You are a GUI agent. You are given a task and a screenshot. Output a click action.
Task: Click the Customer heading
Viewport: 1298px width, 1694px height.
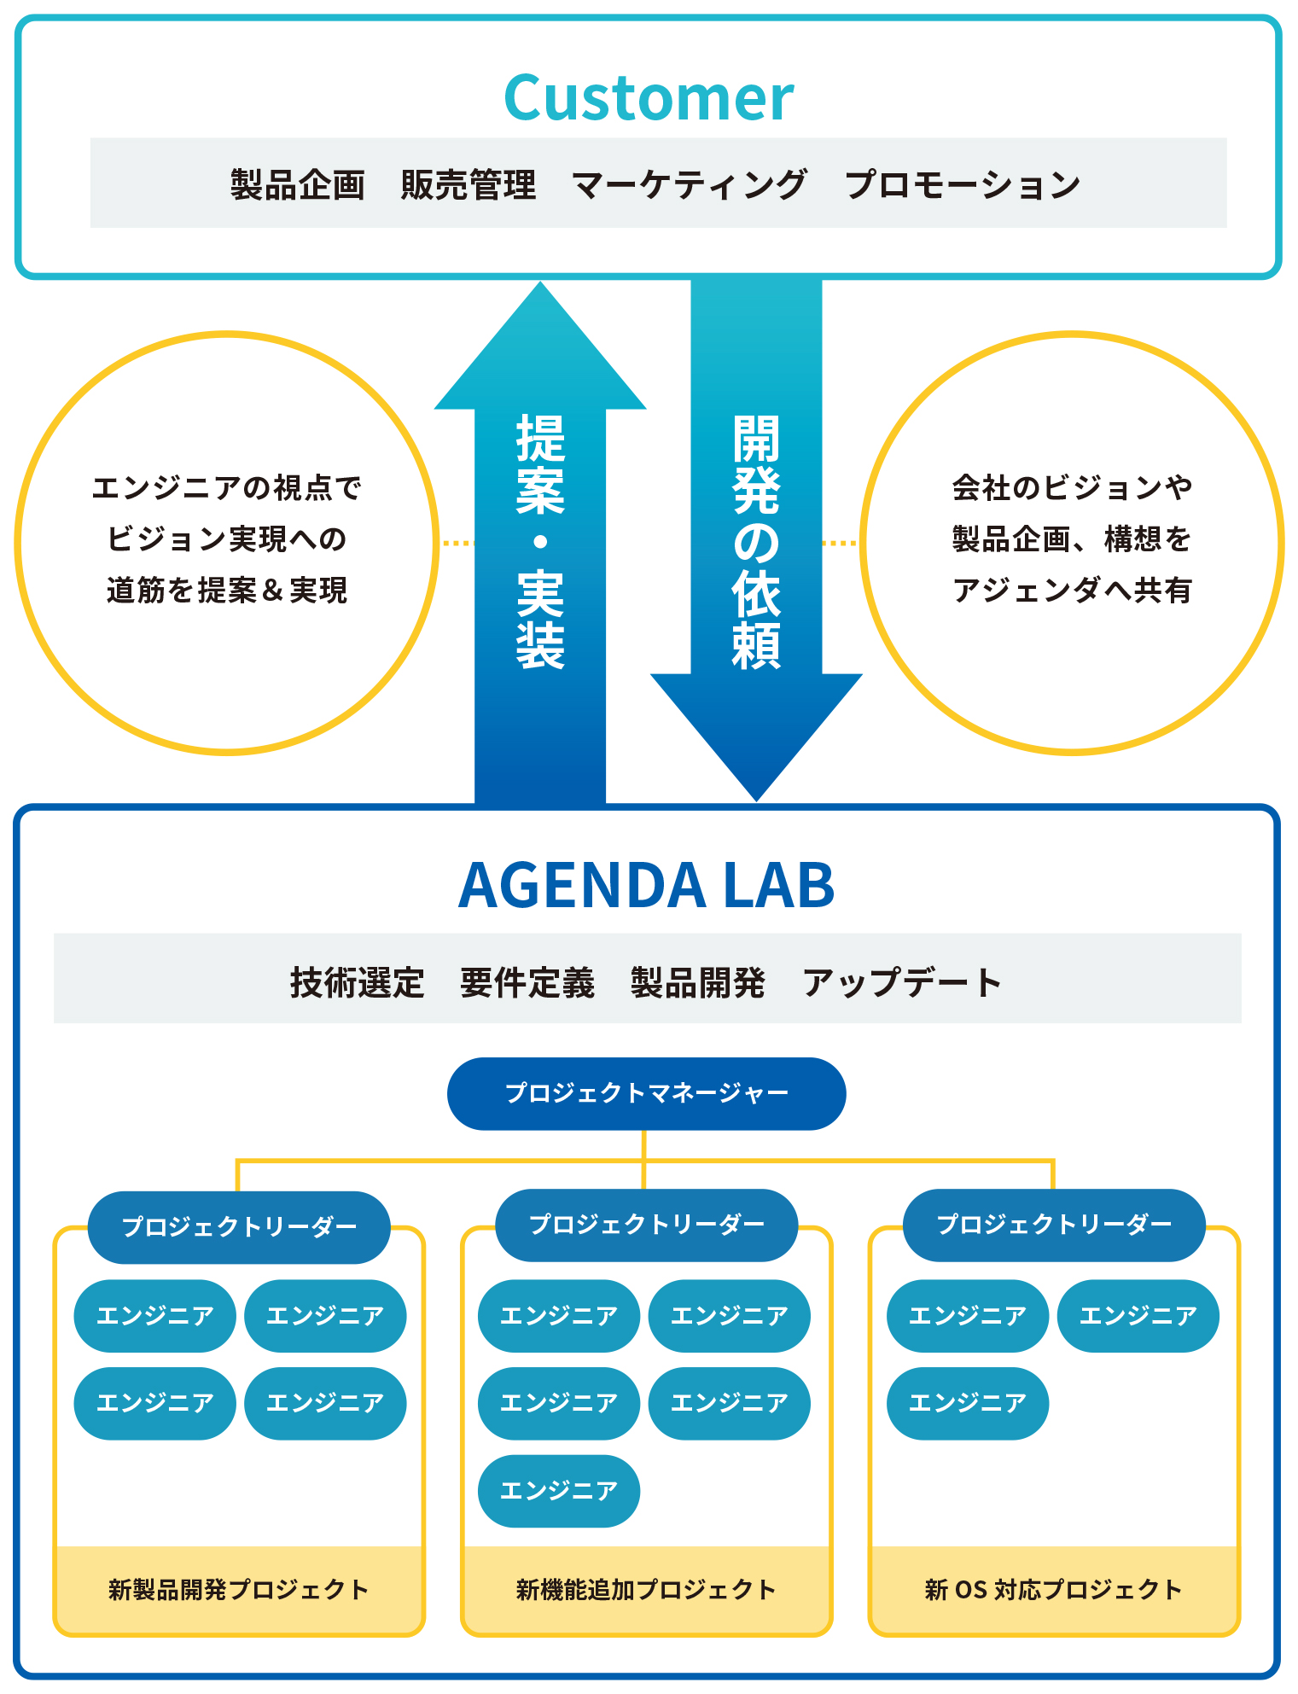pos(649,97)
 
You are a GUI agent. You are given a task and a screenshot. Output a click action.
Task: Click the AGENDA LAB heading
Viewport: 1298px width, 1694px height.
pos(646,885)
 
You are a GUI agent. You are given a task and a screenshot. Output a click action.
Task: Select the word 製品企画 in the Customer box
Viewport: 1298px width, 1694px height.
pos(297,184)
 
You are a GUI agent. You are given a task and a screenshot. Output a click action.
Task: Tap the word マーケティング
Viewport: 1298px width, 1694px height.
pos(689,184)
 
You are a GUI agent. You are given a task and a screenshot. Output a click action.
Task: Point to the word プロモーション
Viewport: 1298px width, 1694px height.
pos(962,184)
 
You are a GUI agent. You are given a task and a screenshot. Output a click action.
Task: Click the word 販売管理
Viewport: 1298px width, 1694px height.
pos(469,184)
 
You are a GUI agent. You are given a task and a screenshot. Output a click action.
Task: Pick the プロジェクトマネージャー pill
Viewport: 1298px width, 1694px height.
pos(646,1093)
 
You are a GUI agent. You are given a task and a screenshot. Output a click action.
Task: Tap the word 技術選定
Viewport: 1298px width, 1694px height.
pos(357,982)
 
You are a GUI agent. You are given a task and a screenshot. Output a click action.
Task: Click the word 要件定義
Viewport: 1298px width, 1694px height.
pos(527,982)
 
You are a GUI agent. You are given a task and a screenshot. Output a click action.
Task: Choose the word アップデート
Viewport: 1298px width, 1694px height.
pos(901,982)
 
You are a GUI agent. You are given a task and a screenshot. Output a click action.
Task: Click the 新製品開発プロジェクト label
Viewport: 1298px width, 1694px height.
pos(239,1589)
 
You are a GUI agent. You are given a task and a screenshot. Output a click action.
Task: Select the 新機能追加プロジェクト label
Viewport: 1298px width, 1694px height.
pos(646,1589)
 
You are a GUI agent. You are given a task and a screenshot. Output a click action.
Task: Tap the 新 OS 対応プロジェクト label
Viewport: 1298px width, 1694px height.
pos(1054,1589)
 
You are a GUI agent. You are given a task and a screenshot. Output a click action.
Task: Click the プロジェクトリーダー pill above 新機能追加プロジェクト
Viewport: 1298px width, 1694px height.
pos(646,1225)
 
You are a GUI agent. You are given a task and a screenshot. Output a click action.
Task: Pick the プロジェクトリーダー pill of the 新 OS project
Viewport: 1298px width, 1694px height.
pos(1054,1225)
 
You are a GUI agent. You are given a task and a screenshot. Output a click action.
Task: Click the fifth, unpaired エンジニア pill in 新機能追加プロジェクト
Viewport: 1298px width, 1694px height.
pos(558,1490)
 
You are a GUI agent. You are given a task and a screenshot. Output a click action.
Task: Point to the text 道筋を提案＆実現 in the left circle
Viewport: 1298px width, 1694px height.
pos(227,590)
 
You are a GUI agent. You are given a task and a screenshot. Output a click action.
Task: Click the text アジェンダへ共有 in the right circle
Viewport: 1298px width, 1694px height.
pos(1072,590)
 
